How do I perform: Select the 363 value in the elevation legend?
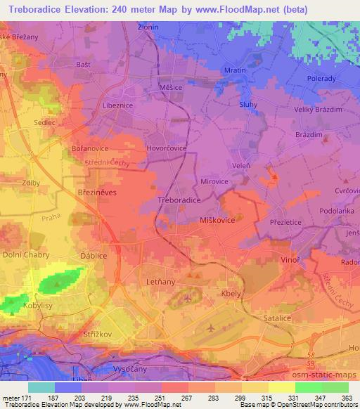(x=346, y=397)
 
